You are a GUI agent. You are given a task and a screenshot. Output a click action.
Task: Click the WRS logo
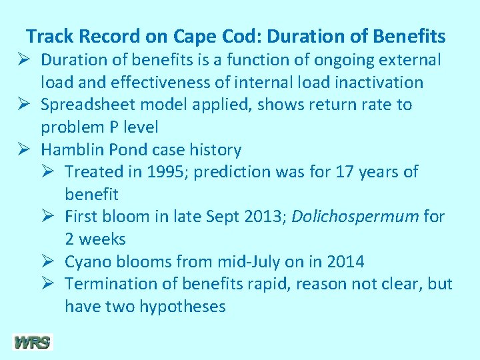tap(32, 343)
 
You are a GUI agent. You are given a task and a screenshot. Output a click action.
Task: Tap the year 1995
tap(171, 171)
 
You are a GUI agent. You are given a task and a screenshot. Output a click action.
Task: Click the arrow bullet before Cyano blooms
tap(50, 261)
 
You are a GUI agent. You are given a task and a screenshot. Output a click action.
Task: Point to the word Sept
tap(223, 217)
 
